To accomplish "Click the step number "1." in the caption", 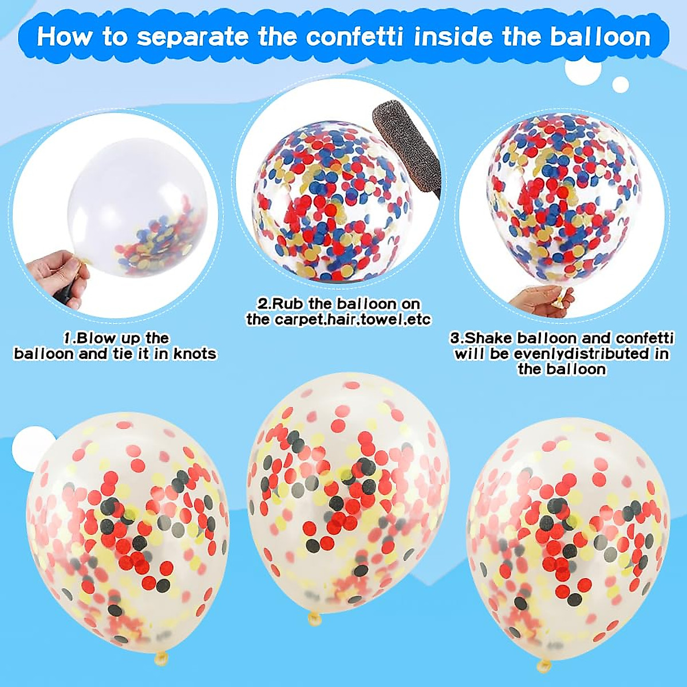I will click(70, 338).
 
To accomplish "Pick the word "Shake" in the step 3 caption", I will click(484, 338).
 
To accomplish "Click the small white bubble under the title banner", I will click(621, 84).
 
